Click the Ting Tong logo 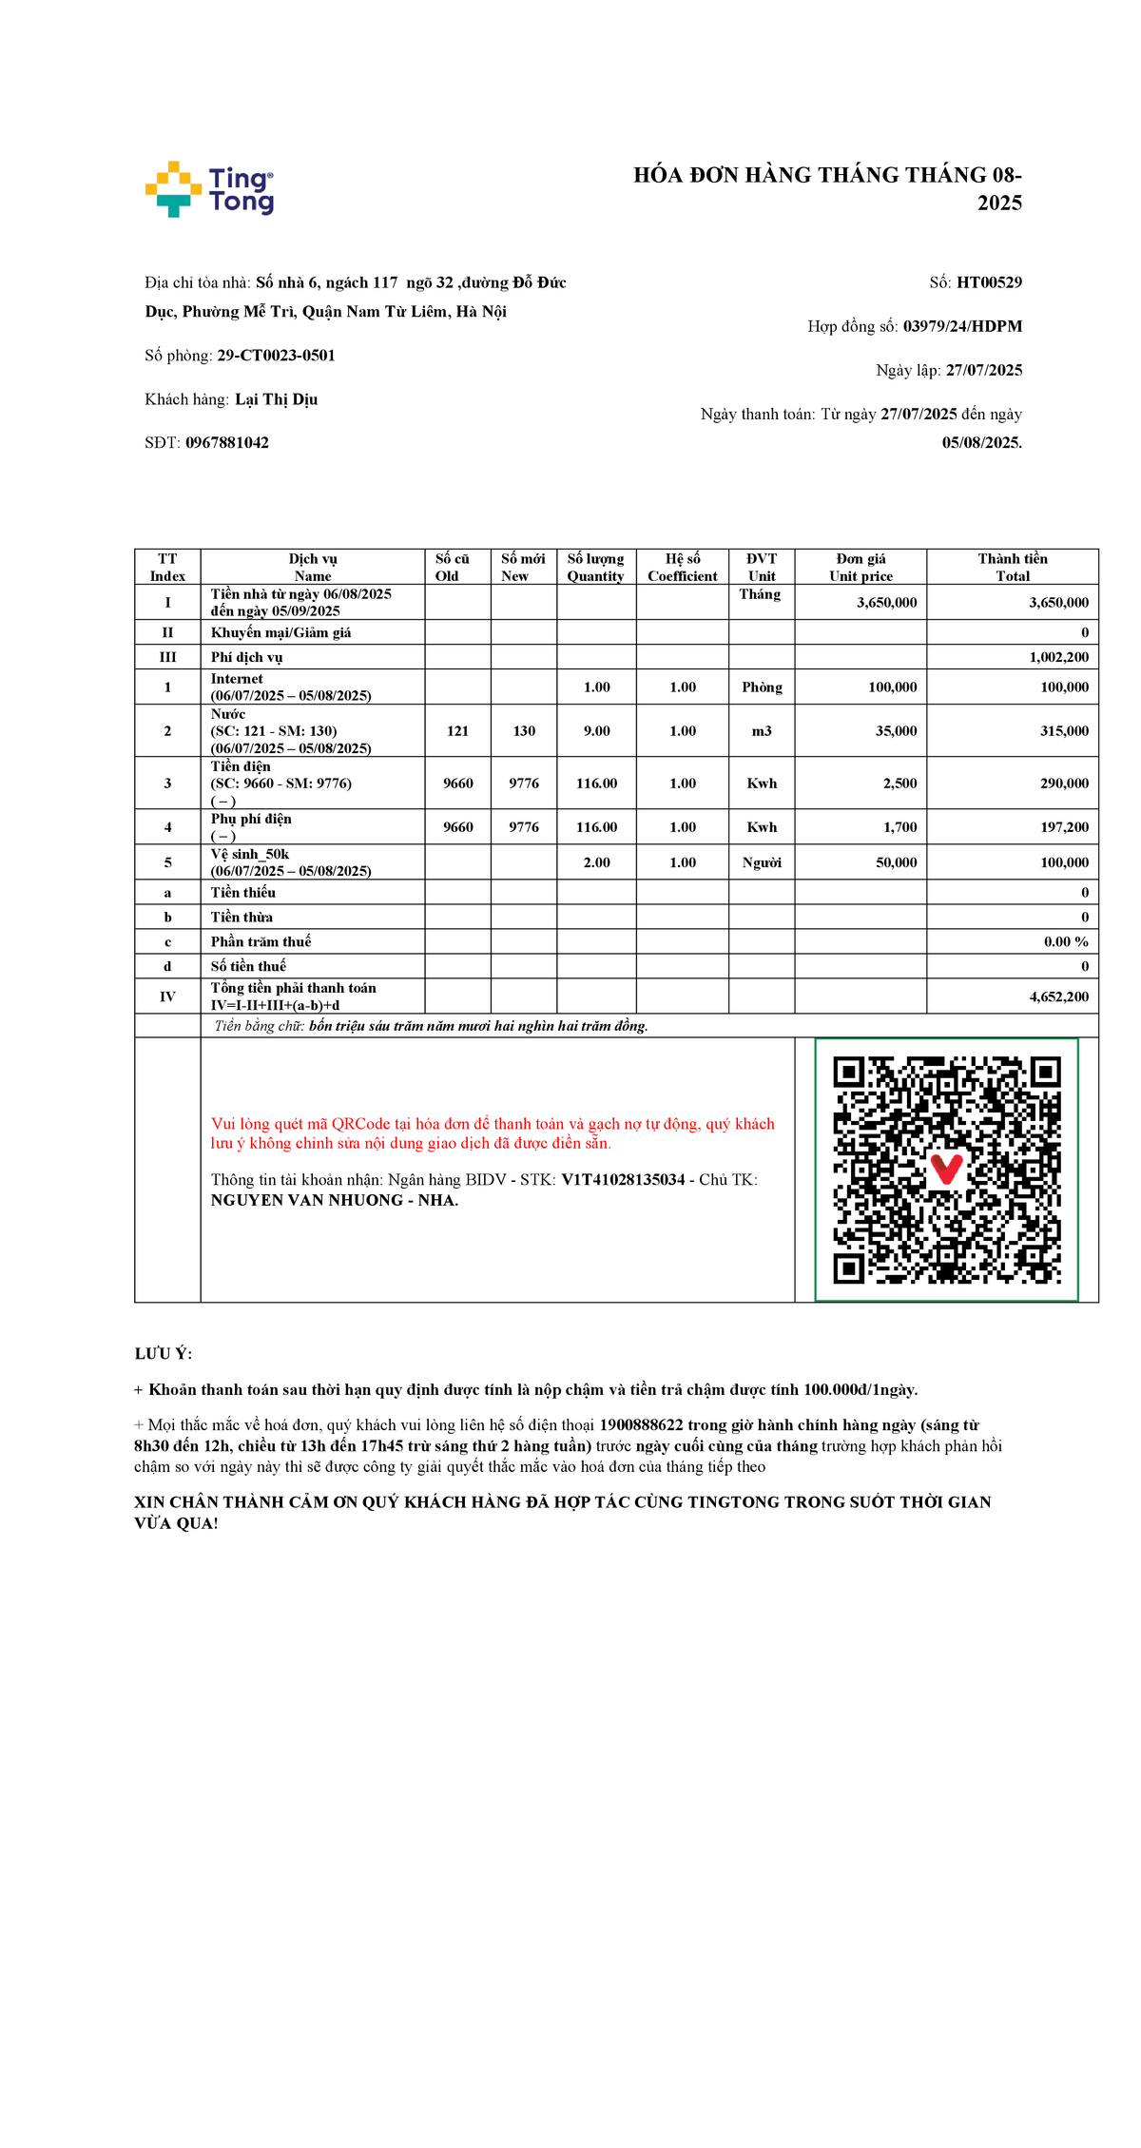(x=209, y=189)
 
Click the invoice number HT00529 (x=989, y=282)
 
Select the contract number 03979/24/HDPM (x=962, y=326)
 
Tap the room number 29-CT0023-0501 (x=276, y=356)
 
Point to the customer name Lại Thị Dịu (x=276, y=399)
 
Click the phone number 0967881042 (x=226, y=443)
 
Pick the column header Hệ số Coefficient (x=683, y=567)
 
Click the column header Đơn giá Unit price (x=861, y=567)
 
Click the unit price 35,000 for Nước (x=896, y=731)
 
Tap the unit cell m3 (x=762, y=731)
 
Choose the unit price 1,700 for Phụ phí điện (x=899, y=827)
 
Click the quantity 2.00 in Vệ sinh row (x=596, y=862)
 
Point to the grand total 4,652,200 (x=1058, y=997)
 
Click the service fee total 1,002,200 (x=1058, y=657)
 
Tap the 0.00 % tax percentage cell (x=1066, y=941)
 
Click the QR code (x=946, y=1170)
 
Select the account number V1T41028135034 (x=623, y=1180)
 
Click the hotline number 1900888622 (x=641, y=1425)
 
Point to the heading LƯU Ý (x=163, y=1354)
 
